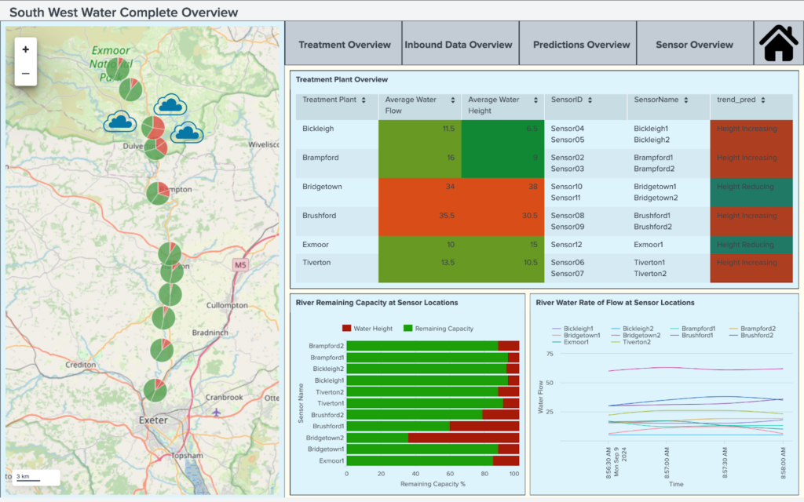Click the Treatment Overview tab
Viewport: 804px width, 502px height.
pyautogui.click(x=344, y=45)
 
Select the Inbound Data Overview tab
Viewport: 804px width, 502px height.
pyautogui.click(x=459, y=45)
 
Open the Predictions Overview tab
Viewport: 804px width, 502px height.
pyautogui.click(x=581, y=45)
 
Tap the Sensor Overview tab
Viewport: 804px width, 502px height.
pyautogui.click(x=694, y=45)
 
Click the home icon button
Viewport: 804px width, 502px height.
pyautogui.click(x=778, y=44)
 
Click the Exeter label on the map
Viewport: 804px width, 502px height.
pyautogui.click(x=153, y=420)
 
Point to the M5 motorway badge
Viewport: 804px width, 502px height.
pyautogui.click(x=240, y=266)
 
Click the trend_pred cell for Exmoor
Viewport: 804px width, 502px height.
pyautogui.click(x=751, y=245)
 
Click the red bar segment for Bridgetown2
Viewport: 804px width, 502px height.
pyautogui.click(x=463, y=438)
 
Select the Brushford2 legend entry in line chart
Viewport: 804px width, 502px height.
pyautogui.click(x=752, y=335)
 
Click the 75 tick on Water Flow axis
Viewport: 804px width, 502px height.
pyautogui.click(x=550, y=354)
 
